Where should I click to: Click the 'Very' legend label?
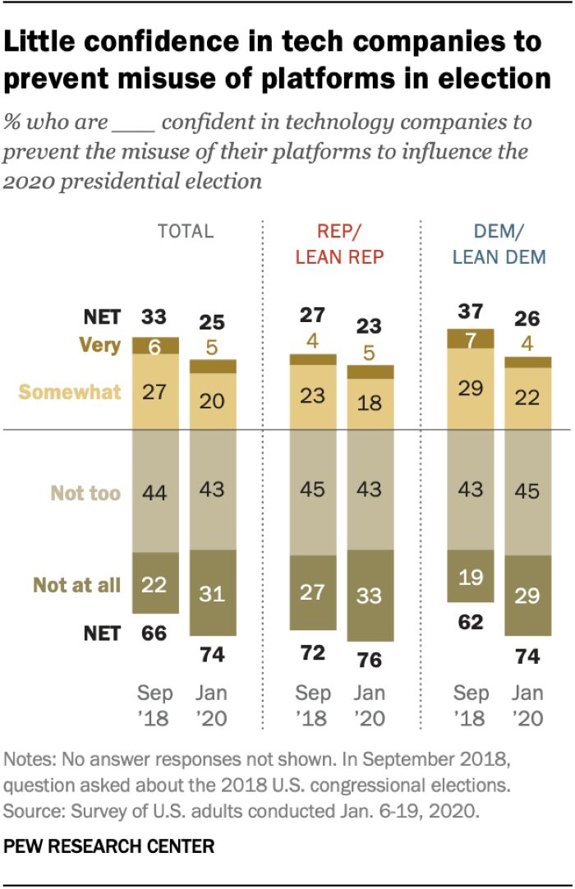pyautogui.click(x=101, y=346)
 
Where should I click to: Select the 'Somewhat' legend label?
pyautogui.click(x=70, y=392)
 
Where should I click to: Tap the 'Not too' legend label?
pyautogui.click(x=85, y=493)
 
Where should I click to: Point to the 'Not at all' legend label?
pyautogui.click(x=76, y=585)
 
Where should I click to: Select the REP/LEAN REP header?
pyautogui.click(x=339, y=244)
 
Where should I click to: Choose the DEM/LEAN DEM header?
pyautogui.click(x=499, y=244)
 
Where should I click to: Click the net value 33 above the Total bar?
pyautogui.click(x=155, y=316)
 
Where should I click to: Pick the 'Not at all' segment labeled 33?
pyautogui.click(x=370, y=596)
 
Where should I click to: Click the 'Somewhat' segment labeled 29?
pyautogui.click(x=471, y=389)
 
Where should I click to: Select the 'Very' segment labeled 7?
pyautogui.click(x=471, y=339)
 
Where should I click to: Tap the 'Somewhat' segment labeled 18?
pyautogui.click(x=370, y=403)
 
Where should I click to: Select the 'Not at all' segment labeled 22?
pyautogui.click(x=155, y=583)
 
